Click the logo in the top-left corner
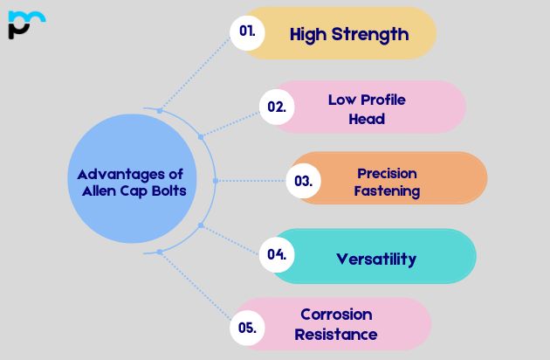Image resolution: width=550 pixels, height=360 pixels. click(x=27, y=24)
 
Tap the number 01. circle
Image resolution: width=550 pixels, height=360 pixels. click(x=247, y=32)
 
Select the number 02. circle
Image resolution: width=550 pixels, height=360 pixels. click(x=277, y=107)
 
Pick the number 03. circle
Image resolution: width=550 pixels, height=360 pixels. click(x=304, y=181)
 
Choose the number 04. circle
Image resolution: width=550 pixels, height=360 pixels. click(x=277, y=254)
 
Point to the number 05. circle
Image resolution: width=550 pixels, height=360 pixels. click(x=247, y=328)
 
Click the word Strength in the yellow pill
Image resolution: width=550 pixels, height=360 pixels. click(x=370, y=35)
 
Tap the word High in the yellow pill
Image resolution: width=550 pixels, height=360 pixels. click(x=308, y=35)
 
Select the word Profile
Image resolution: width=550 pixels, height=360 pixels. click(x=383, y=100)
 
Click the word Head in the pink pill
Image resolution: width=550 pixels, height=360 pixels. click(x=367, y=119)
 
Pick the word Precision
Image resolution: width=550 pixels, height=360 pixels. click(x=387, y=174)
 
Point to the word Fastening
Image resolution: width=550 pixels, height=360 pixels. click(x=387, y=191)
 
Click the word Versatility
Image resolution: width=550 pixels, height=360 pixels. click(x=376, y=260)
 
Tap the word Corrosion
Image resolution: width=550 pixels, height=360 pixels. click(x=336, y=315)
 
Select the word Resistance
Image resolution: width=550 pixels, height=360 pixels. click(x=336, y=335)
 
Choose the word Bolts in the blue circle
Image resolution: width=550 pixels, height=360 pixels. click(x=168, y=191)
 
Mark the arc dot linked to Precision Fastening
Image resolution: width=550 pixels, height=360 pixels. click(x=216, y=181)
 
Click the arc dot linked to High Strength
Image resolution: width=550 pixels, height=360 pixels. click(x=160, y=111)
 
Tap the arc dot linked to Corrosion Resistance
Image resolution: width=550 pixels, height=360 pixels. click(x=160, y=252)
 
